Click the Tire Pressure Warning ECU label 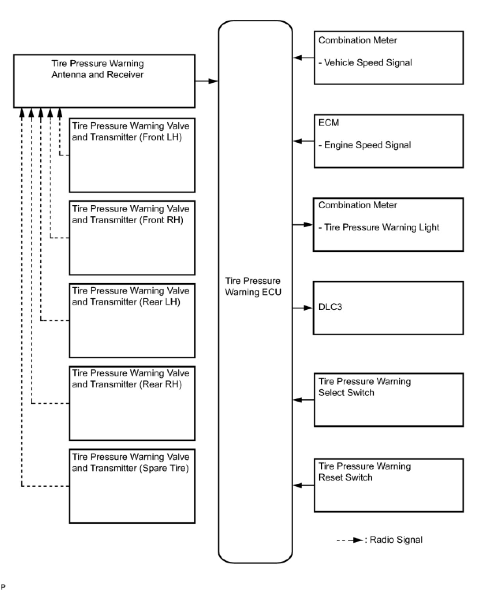pyautogui.click(x=253, y=286)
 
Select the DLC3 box pyautogui.click(x=388, y=308)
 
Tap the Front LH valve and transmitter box pyautogui.click(x=132, y=155)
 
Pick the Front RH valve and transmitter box pyautogui.click(x=132, y=238)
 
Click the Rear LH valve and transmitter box pyautogui.click(x=132, y=320)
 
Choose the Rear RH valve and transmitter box pyautogui.click(x=132, y=403)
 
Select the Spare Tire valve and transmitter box pyautogui.click(x=132, y=486)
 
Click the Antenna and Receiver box pyautogui.click(x=104, y=81)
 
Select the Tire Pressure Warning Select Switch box pyautogui.click(x=388, y=400)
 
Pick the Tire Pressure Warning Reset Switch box pyautogui.click(x=388, y=485)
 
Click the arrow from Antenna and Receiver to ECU pyautogui.click(x=207, y=81)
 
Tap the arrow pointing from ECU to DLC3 pyautogui.click(x=303, y=308)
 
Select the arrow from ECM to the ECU pyautogui.click(x=304, y=141)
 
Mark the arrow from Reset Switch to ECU pyautogui.click(x=304, y=485)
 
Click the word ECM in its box pyautogui.click(x=329, y=123)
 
